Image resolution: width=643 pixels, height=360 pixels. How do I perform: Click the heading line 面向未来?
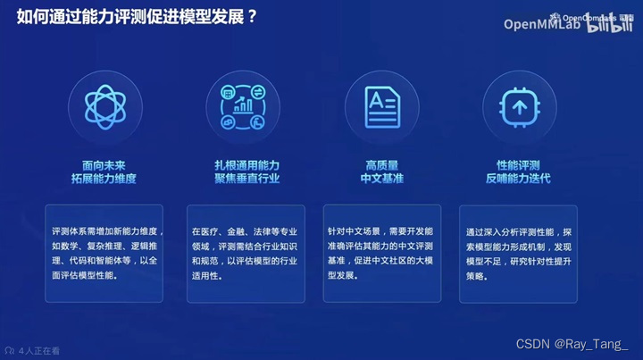(104, 164)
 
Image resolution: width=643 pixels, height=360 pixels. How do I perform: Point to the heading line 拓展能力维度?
(104, 179)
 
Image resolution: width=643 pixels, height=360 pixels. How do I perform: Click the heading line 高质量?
(381, 164)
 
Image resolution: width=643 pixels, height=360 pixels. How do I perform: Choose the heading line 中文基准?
(381, 179)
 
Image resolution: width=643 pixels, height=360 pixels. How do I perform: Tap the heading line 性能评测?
(518, 164)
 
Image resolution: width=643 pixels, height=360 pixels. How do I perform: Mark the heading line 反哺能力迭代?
(518, 179)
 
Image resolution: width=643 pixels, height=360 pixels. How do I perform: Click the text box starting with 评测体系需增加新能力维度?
(104, 253)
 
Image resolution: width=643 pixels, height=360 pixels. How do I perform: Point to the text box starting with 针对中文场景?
(382, 253)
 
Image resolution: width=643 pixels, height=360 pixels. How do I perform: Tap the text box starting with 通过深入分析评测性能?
(519, 253)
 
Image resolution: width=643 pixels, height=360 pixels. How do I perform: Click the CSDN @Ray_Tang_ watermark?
(572, 344)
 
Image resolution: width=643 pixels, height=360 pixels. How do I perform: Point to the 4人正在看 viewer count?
(33, 351)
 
